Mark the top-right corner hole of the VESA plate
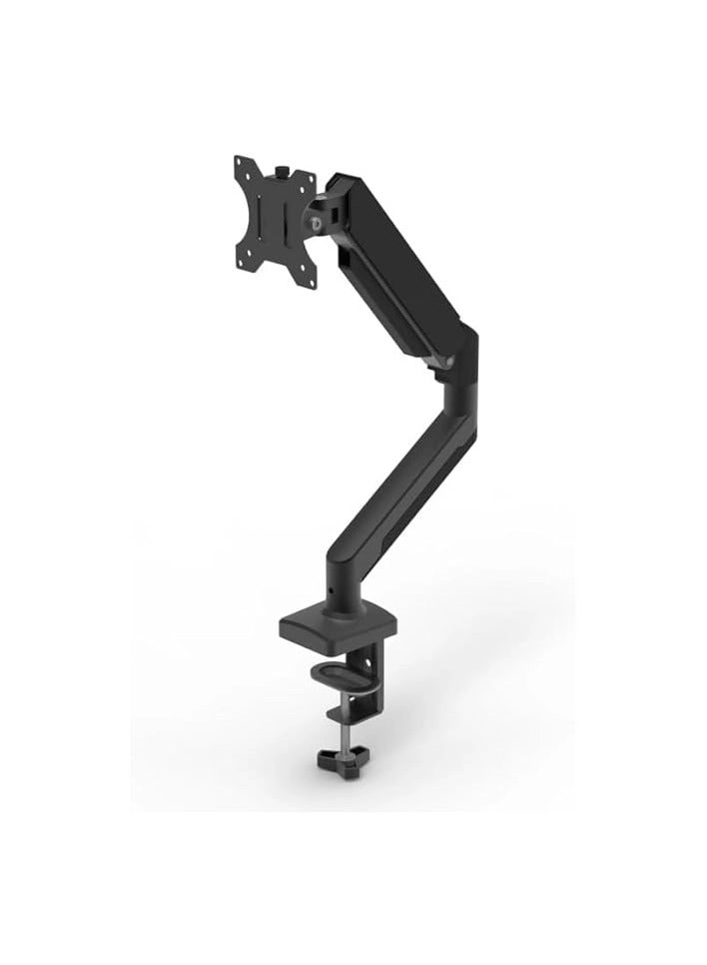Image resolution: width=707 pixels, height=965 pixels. point(311,179)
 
